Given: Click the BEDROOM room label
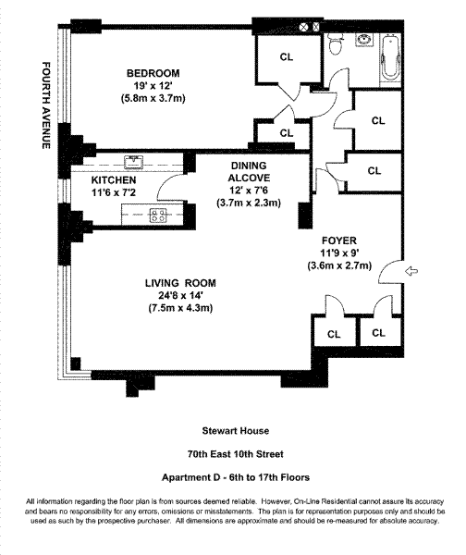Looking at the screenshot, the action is coord(153,73).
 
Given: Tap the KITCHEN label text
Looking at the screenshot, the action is coord(114,180).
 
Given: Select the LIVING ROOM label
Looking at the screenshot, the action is coord(180,283).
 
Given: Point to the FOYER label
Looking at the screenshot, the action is coord(339,240).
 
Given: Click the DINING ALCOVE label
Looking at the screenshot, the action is coord(249,172).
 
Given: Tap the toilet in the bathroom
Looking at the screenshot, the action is coord(335,43).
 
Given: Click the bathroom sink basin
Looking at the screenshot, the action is coord(364,39).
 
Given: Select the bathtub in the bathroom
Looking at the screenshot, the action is coord(390,58).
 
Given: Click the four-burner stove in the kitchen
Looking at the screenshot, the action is coord(158,216).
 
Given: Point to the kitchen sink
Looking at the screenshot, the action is coord(133,162).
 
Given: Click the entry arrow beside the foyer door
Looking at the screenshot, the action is coord(411,271).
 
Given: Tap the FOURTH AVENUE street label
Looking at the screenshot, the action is coord(46,105).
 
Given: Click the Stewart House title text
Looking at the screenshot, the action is coord(235,431).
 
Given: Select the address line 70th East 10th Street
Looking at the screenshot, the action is coord(235,454).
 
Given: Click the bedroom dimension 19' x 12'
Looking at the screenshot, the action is coord(153,86).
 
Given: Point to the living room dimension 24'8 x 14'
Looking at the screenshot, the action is coord(180,296).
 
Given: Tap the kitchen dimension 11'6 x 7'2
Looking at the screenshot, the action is coord(114,192).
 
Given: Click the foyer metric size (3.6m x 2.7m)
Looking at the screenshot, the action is coord(339,265).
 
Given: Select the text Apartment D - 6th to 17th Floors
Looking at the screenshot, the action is coord(236,477).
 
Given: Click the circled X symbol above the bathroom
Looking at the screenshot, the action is coord(303,27).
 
